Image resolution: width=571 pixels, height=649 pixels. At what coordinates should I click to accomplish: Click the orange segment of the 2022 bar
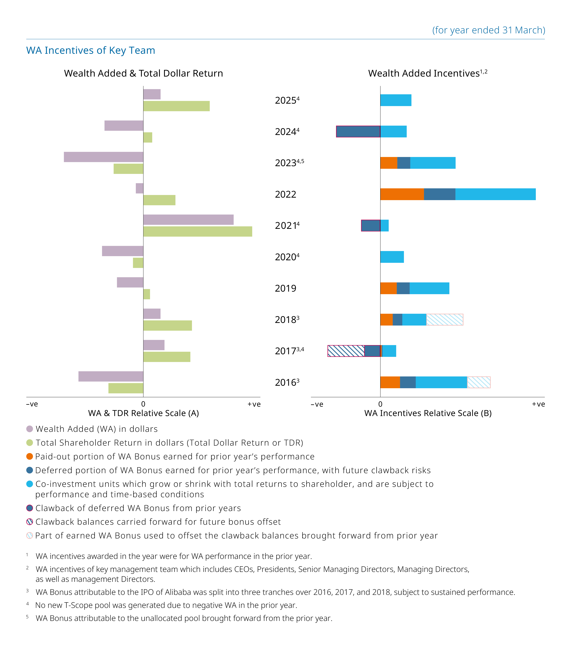(x=402, y=194)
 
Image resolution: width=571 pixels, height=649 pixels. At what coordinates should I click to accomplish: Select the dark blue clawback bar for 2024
(x=358, y=131)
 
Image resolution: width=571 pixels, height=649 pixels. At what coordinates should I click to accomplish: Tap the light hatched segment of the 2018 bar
(x=444, y=319)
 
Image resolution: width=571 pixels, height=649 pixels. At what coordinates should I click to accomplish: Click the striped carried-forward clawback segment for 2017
(x=346, y=351)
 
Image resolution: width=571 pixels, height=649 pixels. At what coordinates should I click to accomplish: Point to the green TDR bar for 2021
(x=198, y=231)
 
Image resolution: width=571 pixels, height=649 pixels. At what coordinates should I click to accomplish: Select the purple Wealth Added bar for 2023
(x=104, y=157)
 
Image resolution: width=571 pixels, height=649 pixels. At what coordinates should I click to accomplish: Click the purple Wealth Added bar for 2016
(x=111, y=376)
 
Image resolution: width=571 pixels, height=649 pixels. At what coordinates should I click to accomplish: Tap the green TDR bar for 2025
(x=176, y=106)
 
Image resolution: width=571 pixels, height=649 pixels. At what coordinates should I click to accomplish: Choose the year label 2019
(x=285, y=288)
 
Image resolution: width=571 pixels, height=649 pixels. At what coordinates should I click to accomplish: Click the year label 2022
(x=285, y=194)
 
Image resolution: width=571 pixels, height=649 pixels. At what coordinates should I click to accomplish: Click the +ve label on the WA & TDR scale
(x=254, y=404)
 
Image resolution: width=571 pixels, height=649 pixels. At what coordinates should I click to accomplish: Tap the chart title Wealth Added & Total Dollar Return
(x=143, y=73)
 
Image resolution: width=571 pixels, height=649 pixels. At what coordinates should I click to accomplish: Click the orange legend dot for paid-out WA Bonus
(x=30, y=456)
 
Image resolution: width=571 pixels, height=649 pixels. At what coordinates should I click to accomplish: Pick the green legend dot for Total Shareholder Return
(x=30, y=443)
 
